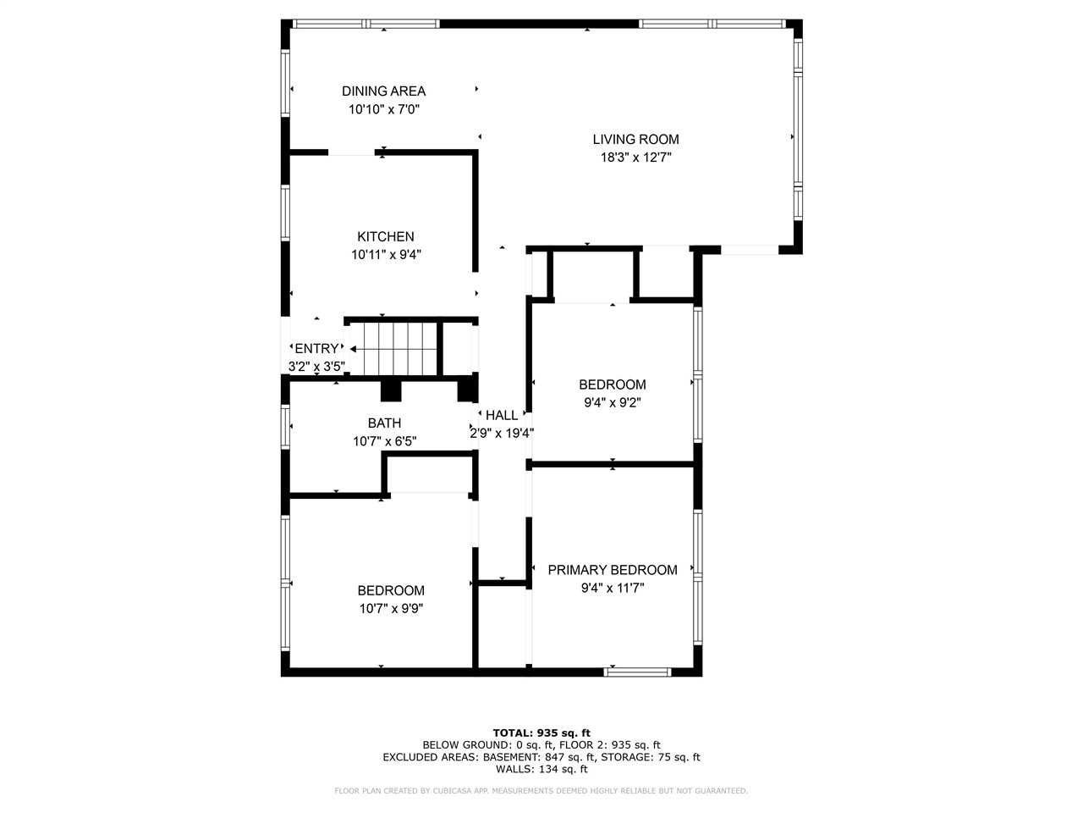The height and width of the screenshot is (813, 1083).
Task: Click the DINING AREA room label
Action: click(383, 91)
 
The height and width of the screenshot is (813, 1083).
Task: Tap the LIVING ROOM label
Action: click(635, 139)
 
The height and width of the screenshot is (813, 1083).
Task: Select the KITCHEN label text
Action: click(385, 236)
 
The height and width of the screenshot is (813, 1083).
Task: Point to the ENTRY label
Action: click(316, 348)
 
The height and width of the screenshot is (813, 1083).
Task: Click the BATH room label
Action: click(384, 423)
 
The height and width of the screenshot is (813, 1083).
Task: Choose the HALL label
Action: click(502, 415)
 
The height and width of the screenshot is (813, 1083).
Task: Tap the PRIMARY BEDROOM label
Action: click(613, 570)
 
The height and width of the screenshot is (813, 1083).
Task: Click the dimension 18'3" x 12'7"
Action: click(635, 158)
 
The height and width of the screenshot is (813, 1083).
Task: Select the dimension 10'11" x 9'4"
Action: click(386, 254)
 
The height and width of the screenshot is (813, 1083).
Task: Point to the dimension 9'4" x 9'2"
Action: click(613, 403)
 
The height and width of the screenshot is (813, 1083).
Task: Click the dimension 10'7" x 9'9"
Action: click(390, 608)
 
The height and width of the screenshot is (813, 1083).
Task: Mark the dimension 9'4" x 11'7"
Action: click(613, 588)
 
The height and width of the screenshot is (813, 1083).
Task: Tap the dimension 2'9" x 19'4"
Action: click(502, 433)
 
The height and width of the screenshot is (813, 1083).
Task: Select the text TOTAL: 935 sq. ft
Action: click(541, 733)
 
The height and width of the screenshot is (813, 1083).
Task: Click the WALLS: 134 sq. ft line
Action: click(541, 769)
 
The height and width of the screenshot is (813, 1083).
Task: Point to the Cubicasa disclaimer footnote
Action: click(541, 791)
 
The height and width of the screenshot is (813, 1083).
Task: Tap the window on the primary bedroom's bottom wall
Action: click(638, 672)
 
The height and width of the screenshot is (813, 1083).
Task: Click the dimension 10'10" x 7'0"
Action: click(384, 109)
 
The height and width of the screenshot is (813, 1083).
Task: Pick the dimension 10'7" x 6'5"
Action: click(384, 441)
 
